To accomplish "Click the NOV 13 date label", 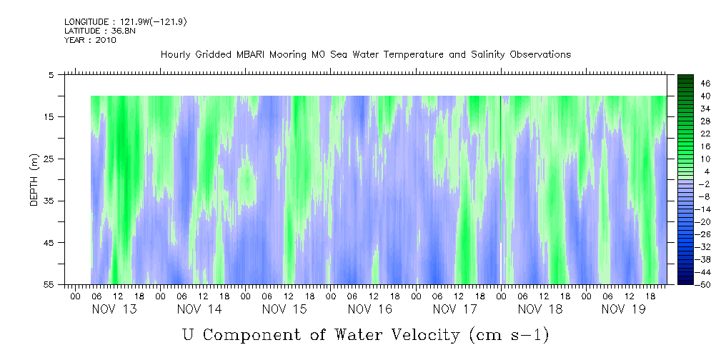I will (114, 309).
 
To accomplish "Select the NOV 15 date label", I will (284, 309).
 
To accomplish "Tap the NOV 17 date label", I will (455, 309).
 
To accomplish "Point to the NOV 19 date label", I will (624, 309).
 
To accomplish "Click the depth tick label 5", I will (51, 75).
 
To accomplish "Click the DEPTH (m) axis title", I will (33, 182).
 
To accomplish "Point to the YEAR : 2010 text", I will (90, 40).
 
